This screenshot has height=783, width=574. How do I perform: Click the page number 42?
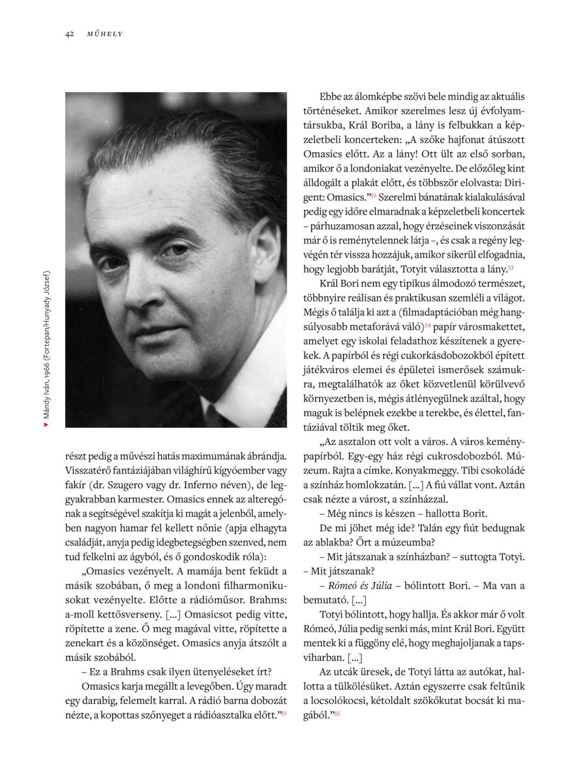click(x=69, y=34)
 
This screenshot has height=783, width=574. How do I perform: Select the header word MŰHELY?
click(x=104, y=34)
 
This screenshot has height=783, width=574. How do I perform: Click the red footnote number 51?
click(x=284, y=713)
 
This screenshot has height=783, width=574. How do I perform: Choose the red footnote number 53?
click(x=511, y=268)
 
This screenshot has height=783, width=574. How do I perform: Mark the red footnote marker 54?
click(x=428, y=324)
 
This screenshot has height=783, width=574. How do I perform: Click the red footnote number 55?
click(x=337, y=714)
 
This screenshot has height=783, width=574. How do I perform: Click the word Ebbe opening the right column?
click(x=330, y=97)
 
